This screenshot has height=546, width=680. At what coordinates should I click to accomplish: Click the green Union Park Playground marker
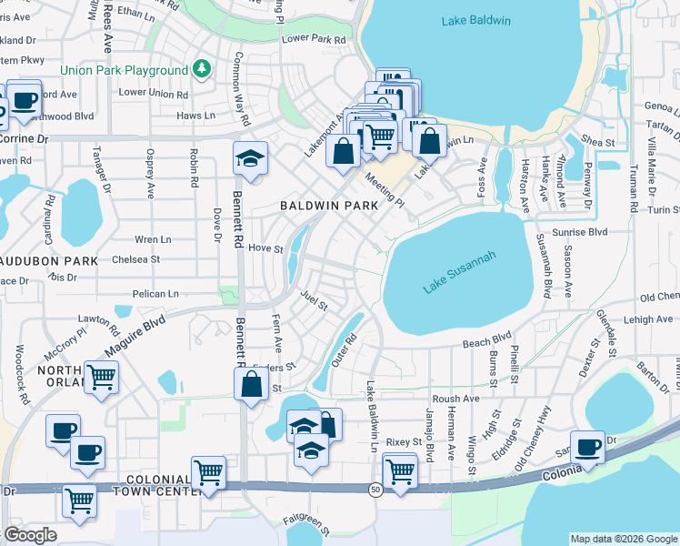click(201, 69)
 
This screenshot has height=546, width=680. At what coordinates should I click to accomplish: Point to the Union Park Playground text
click(124, 70)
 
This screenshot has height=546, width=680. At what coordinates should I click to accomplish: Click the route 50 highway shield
click(375, 490)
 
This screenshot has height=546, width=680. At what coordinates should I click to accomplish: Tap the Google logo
click(30, 534)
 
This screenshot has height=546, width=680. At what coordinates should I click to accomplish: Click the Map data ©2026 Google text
click(624, 539)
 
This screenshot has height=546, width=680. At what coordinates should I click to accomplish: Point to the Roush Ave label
click(455, 399)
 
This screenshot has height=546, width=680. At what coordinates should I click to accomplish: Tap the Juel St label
click(314, 296)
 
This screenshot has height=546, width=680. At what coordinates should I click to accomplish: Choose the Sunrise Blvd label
click(584, 233)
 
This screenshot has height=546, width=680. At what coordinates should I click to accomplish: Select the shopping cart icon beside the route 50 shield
click(399, 470)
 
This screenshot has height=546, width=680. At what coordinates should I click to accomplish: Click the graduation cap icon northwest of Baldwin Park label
click(250, 158)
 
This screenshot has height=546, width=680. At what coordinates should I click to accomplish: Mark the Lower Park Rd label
click(315, 40)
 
